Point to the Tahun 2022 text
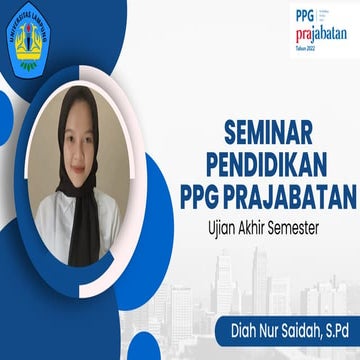pos(304,49)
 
